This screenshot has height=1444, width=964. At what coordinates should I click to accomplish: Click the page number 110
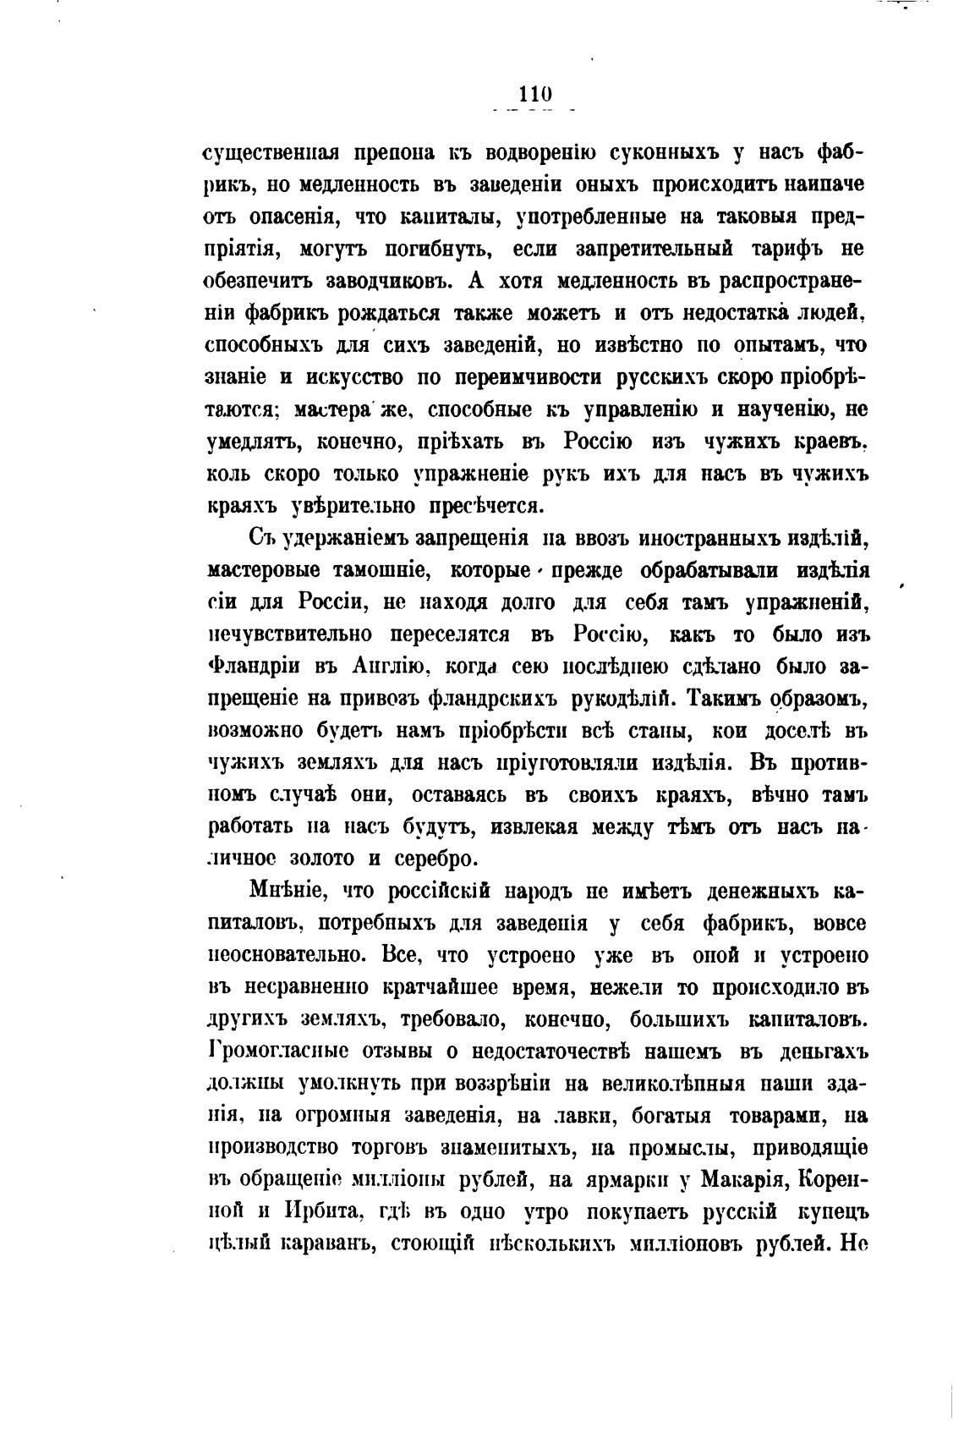pos(536,93)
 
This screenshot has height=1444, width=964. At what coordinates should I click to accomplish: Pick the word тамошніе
pos(379,571)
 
